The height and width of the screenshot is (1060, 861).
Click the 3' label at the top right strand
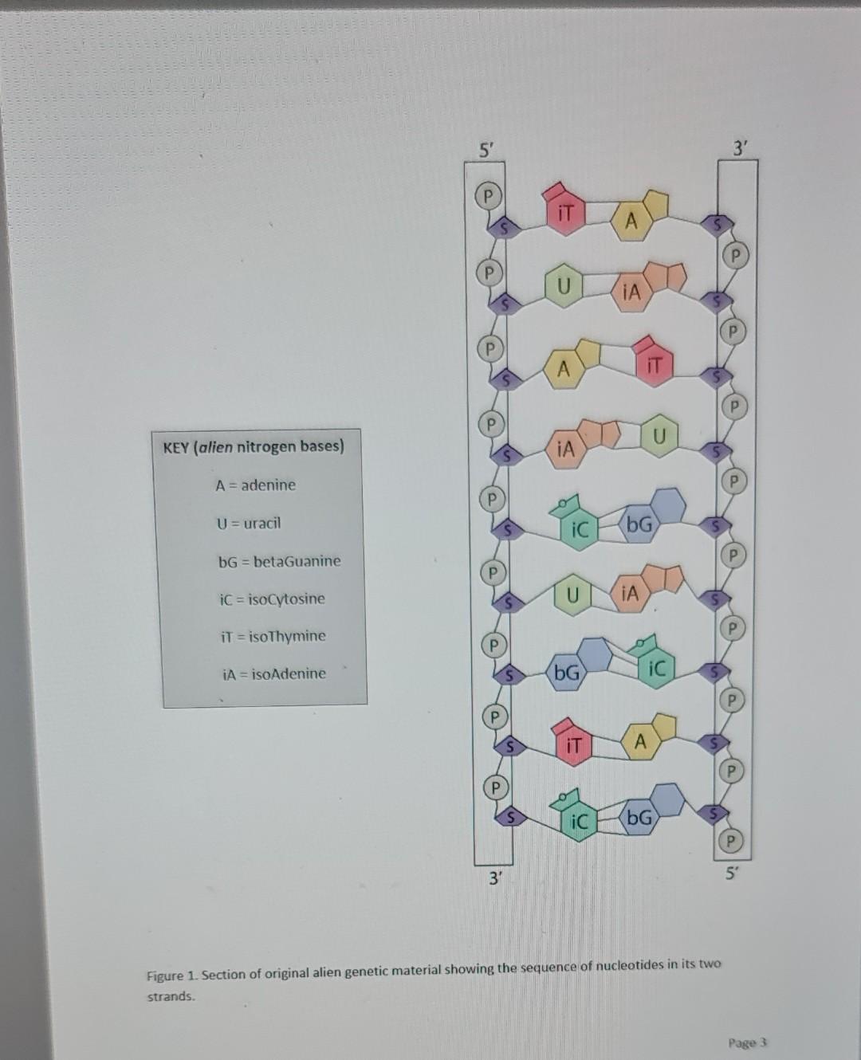(741, 148)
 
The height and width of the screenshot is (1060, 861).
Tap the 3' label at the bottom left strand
(496, 879)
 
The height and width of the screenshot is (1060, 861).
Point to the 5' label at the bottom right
(731, 874)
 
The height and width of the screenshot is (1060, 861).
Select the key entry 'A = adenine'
(255, 485)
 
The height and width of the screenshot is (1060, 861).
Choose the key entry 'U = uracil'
(249, 523)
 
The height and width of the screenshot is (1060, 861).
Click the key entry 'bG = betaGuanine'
(279, 560)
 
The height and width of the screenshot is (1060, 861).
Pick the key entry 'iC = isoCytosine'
(272, 599)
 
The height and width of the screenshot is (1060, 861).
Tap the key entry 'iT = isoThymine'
(272, 636)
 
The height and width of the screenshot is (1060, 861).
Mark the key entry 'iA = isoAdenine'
(273, 673)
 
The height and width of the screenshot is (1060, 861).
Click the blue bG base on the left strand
(568, 673)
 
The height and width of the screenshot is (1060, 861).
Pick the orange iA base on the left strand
(565, 448)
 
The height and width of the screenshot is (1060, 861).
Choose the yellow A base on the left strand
(563, 368)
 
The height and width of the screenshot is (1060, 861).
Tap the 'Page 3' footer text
(746, 1042)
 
